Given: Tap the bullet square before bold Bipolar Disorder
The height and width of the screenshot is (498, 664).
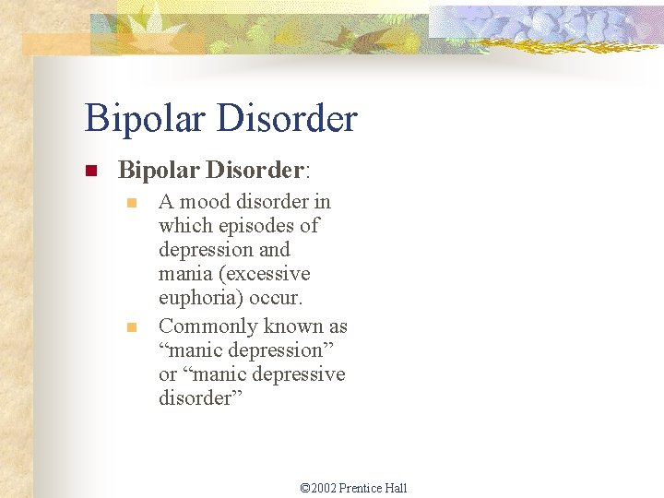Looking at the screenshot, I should [x=90, y=172].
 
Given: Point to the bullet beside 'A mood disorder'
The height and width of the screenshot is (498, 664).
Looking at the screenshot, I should [x=131, y=202].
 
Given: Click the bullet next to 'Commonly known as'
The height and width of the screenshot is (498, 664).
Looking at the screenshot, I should [x=131, y=326].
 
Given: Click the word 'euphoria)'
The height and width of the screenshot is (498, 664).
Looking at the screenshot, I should [x=199, y=299].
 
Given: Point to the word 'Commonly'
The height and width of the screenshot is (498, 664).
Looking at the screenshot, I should [x=208, y=326].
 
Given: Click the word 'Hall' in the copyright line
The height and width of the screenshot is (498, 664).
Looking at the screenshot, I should [x=396, y=488].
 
